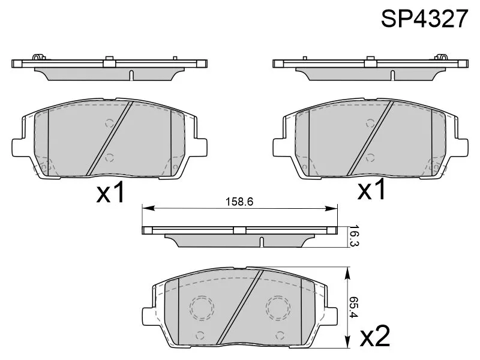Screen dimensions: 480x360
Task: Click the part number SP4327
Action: click(424, 18)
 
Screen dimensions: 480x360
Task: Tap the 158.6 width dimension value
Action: click(239, 202)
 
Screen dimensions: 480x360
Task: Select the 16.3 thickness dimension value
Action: click(353, 236)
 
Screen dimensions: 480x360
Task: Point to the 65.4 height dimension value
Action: click(353, 307)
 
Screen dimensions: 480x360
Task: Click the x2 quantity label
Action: click(375, 336)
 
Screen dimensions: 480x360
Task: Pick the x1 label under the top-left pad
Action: click(110, 192)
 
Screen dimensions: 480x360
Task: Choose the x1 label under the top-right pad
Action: click(371, 189)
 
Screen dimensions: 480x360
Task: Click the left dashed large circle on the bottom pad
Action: click(202, 308)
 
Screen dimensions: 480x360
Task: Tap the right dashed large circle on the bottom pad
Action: click(278, 308)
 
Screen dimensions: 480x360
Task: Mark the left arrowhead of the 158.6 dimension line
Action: click(148, 208)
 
